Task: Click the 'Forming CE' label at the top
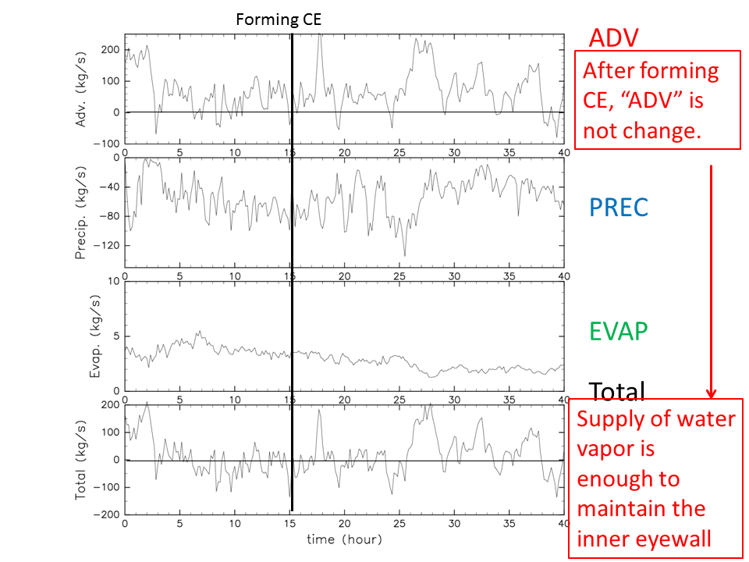pos(279,20)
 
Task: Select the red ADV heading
pos(614,37)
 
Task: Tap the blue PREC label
pos(619,207)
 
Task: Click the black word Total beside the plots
pos(616,392)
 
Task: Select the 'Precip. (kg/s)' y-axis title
pos(81,208)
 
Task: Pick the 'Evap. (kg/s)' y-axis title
pos(95,335)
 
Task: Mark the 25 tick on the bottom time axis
pos(399,525)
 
